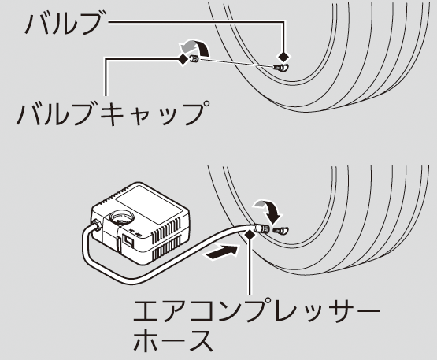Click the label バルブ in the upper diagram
tap(63, 24)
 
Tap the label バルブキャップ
tap(113, 113)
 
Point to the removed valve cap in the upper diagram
tap(194, 59)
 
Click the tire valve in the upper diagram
tap(281, 68)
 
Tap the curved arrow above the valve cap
tap(195, 46)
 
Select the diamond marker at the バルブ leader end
tap(284, 58)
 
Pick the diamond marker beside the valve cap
tap(183, 59)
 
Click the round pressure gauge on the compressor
tap(122, 216)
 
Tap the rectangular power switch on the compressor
tap(128, 241)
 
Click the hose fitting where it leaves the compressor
tap(96, 225)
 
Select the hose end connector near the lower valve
tap(261, 228)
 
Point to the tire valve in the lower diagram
tap(281, 231)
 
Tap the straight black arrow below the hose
tap(222, 251)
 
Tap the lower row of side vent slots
tap(167, 250)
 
